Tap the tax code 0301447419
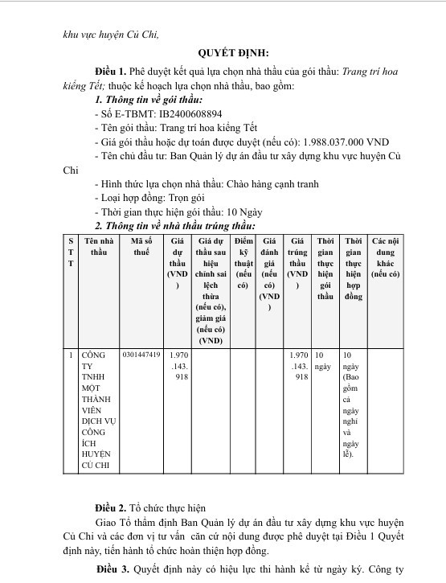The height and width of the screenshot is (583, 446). coord(141,355)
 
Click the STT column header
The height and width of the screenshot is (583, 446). coord(70,252)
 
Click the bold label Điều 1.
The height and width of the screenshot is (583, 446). coord(111,72)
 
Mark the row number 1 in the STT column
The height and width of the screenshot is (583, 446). coord(70,355)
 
